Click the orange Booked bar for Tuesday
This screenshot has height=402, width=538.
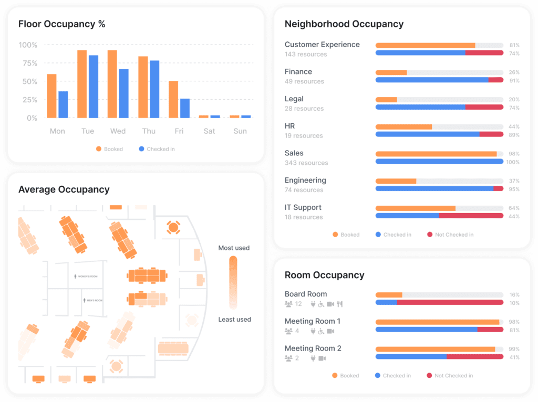tap(82, 84)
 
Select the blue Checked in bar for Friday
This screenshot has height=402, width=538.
tap(185, 108)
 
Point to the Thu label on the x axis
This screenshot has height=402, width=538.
tap(149, 131)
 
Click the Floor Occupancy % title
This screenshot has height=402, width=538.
tap(62, 24)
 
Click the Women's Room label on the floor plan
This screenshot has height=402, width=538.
tap(88, 276)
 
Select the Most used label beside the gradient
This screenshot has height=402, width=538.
tap(234, 248)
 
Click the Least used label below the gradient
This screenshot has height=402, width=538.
tap(234, 319)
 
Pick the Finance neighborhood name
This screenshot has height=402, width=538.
tap(298, 72)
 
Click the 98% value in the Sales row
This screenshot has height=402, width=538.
tap(514, 154)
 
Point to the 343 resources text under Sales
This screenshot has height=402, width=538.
tap(306, 163)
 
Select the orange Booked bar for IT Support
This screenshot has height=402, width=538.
tap(415, 208)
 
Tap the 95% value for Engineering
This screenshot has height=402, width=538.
tap(514, 189)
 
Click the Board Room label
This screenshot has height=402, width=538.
tap(306, 294)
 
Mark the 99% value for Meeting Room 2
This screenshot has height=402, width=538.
tap(514, 349)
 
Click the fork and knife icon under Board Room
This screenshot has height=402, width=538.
tap(339, 304)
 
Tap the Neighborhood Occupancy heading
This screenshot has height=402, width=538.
tap(344, 24)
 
